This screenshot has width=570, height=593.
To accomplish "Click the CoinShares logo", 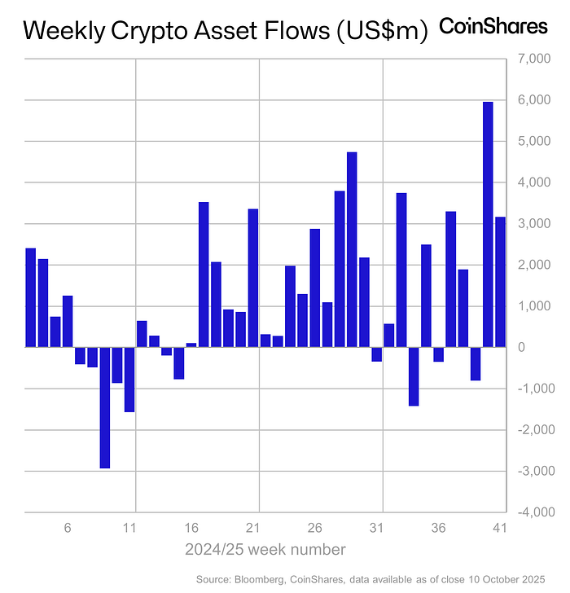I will [x=493, y=26].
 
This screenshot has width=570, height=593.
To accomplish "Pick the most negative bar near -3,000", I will [x=105, y=407].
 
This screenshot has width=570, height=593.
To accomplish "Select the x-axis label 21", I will [x=253, y=528].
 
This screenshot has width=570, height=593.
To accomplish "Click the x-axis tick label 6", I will [x=68, y=528].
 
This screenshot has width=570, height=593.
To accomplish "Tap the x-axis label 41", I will [x=500, y=528].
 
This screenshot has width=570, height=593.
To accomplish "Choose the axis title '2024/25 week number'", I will [x=266, y=549].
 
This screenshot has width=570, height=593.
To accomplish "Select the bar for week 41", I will [x=500, y=282].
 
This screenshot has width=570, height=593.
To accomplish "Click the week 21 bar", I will [x=253, y=278].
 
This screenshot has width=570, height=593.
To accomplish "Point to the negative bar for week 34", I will [x=414, y=376].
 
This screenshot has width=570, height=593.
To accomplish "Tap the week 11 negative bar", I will [x=129, y=380].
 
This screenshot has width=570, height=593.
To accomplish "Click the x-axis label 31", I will [x=377, y=528].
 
